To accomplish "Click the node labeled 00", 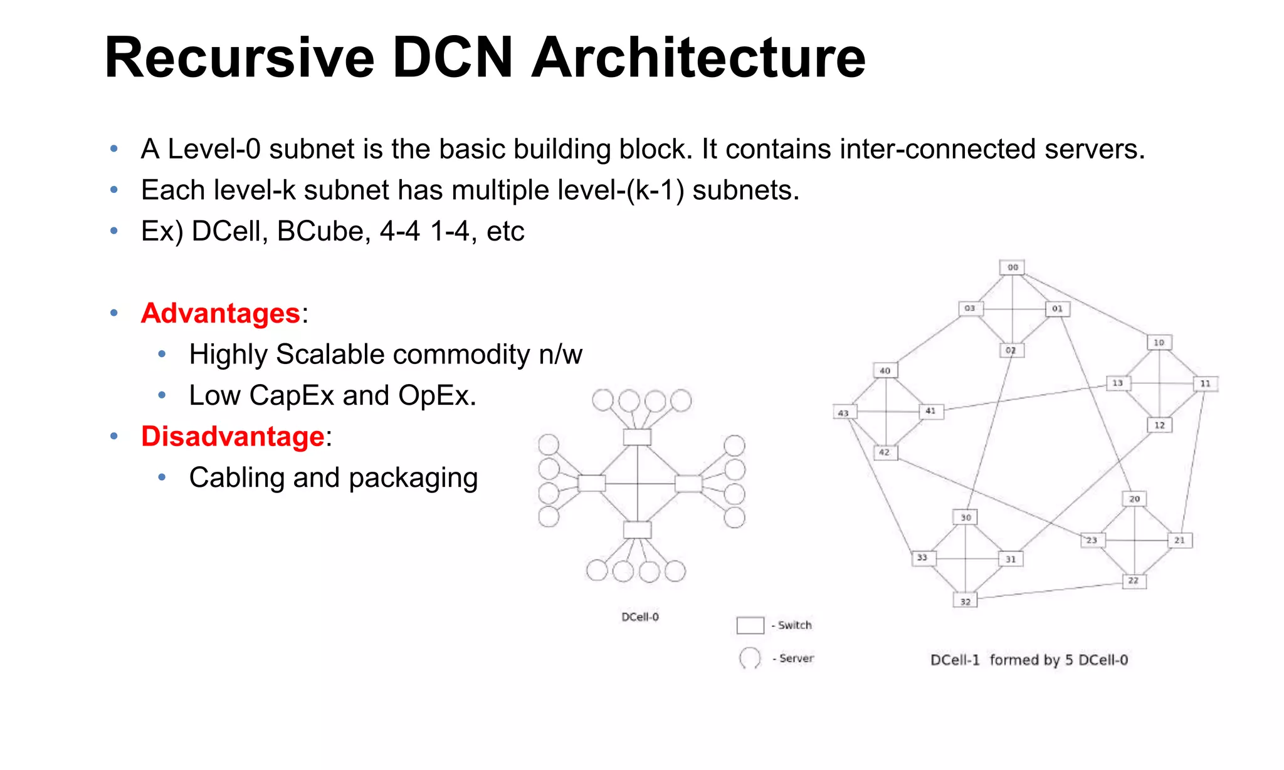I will (x=1012, y=268).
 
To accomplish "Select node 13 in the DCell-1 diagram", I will (x=1118, y=383).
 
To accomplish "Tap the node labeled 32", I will (x=966, y=601).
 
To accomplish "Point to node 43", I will (x=844, y=413).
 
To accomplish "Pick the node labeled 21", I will (x=1179, y=540).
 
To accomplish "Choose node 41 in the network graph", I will (x=930, y=411).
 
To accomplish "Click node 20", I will (x=1134, y=499).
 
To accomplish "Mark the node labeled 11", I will (x=1205, y=383).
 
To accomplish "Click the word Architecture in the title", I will (x=698, y=58).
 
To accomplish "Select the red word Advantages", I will (x=221, y=313).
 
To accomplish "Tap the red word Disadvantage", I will (x=233, y=437).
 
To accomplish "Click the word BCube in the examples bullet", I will (x=320, y=231).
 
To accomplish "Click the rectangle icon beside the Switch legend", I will (x=750, y=625).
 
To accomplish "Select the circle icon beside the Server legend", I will (x=750, y=658).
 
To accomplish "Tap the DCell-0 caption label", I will (x=640, y=617).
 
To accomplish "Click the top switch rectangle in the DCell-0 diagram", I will (x=637, y=437).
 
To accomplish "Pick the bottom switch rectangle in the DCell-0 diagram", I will (x=637, y=530).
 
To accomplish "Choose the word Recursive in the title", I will (x=239, y=58).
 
